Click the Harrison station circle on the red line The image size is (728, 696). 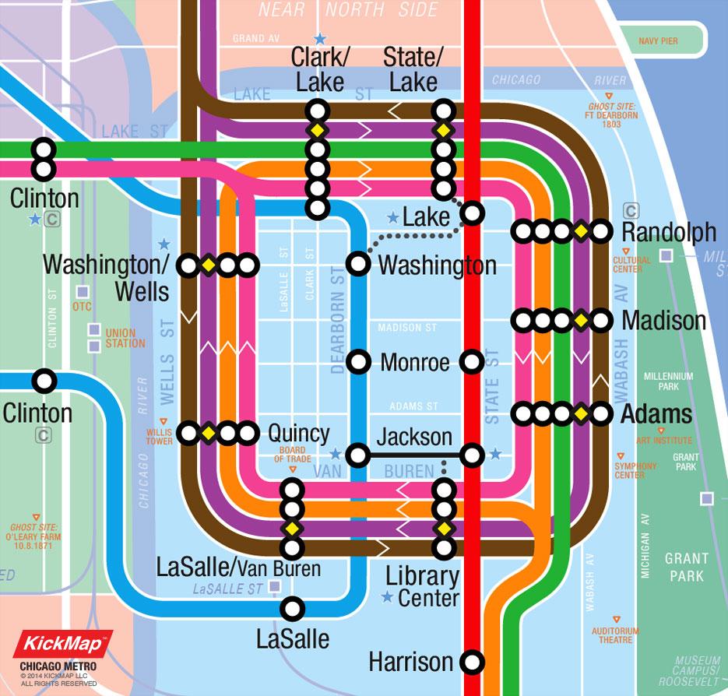[x=472, y=663]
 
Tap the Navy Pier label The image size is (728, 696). [x=658, y=40]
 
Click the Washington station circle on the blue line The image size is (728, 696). [x=358, y=264]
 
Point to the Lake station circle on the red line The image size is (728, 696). [x=472, y=213]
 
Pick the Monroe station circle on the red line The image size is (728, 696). [x=472, y=362]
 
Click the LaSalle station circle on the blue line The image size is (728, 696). [x=293, y=607]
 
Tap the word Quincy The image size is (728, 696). [x=298, y=434]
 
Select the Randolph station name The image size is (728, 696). [x=669, y=232]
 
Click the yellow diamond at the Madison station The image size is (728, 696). [x=580, y=320]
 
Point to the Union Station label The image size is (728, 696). [x=125, y=338]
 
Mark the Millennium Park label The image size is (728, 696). [x=668, y=381]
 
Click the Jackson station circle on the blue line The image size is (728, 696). [x=358, y=455]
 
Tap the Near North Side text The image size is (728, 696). [x=348, y=10]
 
